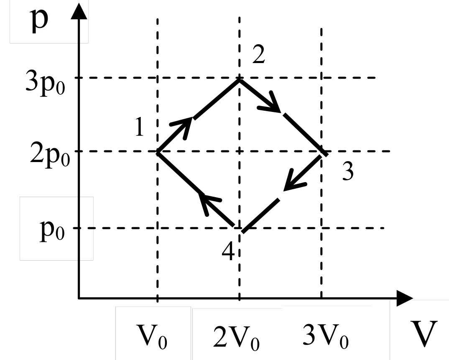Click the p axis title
pos(39,20)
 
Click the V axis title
pos(424,333)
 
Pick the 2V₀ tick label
pos(236,338)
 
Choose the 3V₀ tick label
pos(326,336)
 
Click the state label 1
pos(139,127)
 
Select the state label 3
pos(348,171)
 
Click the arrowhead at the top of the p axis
pos(79,11)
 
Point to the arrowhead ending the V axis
pos(404,299)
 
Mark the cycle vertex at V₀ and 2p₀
pos(157,152)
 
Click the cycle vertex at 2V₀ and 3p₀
pos(239,79)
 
